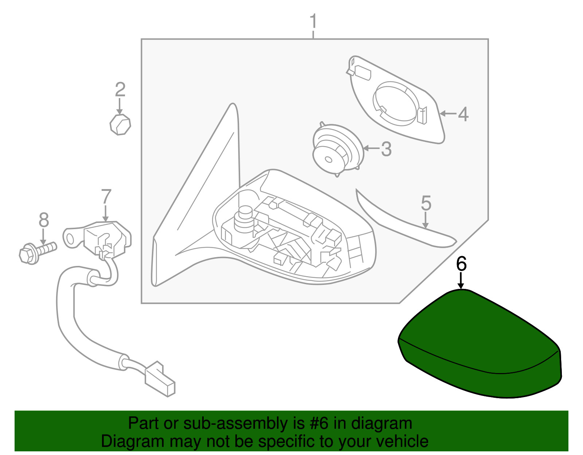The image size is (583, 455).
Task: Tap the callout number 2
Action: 120,90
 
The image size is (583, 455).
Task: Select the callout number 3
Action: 386,149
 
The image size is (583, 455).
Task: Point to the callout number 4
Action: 463,114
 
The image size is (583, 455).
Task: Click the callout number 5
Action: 426,203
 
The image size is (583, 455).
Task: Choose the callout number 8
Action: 44,220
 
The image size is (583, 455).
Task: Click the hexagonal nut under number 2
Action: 120,125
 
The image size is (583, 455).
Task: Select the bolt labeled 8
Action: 38,252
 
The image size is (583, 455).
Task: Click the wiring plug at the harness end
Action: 160,380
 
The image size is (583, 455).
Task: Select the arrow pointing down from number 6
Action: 461,281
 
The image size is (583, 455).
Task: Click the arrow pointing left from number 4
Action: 448,114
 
